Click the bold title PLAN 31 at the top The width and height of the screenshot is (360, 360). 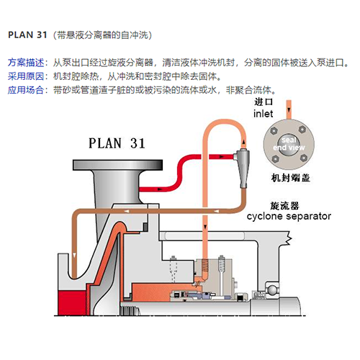[27, 35]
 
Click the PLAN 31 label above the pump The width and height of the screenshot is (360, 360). [117, 143]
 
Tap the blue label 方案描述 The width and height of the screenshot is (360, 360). [26, 63]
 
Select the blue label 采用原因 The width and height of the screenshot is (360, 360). [26, 76]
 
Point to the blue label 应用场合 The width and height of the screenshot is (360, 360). [26, 90]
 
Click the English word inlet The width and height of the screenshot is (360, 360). [264, 114]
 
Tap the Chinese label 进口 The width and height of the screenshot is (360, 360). [264, 102]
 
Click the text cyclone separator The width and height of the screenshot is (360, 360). [289, 216]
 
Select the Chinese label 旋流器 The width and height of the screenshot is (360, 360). [284, 206]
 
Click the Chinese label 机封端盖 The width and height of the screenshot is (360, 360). [291, 178]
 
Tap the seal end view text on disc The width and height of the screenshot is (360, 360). [289, 143]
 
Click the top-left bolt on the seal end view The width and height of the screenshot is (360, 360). [274, 131]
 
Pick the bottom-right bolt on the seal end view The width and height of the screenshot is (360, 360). [304, 158]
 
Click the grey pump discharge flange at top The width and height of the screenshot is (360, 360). [117, 165]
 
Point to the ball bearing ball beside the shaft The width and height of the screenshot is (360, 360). [272, 289]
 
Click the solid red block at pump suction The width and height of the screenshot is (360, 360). [72, 302]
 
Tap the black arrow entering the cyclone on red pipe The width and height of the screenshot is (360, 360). [222, 157]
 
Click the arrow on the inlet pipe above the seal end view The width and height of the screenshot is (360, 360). [289, 110]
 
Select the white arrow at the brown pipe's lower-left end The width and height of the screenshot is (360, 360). [74, 255]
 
